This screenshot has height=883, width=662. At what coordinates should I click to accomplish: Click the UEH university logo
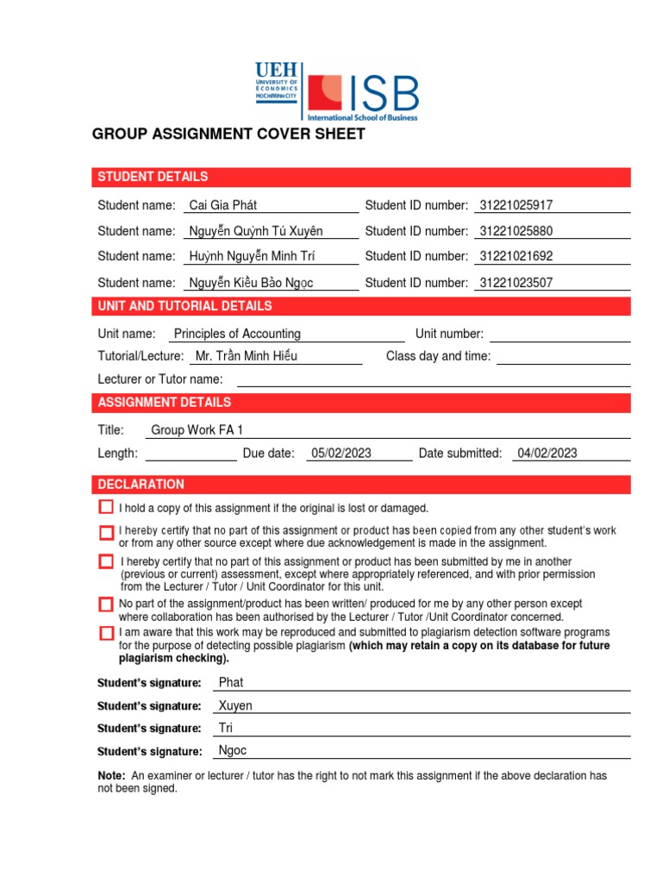click(x=276, y=83)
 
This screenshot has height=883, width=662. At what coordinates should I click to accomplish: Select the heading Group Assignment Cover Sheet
click(x=228, y=134)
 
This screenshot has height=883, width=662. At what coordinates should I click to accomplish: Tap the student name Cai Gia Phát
click(x=222, y=205)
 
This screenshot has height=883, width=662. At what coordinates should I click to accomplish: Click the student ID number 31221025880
click(x=515, y=231)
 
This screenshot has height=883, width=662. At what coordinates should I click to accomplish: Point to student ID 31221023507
click(x=515, y=282)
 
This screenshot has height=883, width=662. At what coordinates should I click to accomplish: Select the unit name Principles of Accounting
click(x=237, y=334)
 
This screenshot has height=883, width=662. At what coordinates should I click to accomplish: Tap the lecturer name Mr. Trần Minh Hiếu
click(x=247, y=356)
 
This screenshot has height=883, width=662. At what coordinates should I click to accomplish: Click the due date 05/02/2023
click(x=341, y=454)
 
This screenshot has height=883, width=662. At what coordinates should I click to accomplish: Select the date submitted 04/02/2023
click(x=547, y=454)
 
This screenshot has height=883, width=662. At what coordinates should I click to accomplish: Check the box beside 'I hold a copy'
click(x=106, y=507)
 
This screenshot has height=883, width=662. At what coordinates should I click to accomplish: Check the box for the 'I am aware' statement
click(x=106, y=634)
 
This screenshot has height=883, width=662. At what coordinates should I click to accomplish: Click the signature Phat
click(x=231, y=682)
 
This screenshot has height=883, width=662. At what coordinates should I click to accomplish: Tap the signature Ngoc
click(x=233, y=750)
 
